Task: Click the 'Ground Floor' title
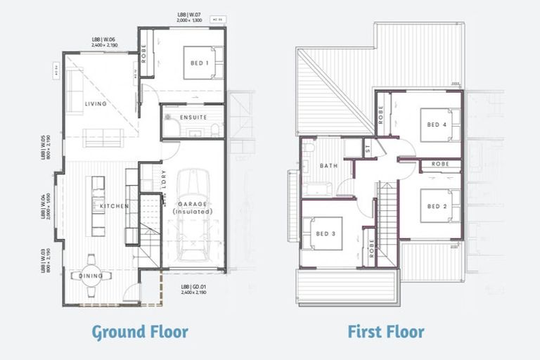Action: [140, 331]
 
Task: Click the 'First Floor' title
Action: [385, 331]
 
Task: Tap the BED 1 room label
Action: [199, 63]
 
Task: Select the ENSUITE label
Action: [193, 117]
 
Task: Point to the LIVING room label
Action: [96, 104]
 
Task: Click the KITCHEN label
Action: [114, 206]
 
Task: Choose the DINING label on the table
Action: [91, 276]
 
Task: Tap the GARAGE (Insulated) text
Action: [193, 207]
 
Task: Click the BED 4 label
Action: [437, 125]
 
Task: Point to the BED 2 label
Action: [437, 207]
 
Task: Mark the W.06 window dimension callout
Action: [103, 41]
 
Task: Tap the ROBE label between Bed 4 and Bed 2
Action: [441, 164]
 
